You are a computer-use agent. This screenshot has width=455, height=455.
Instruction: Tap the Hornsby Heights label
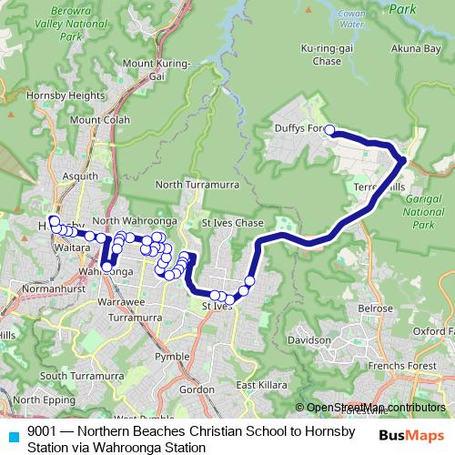(46, 95)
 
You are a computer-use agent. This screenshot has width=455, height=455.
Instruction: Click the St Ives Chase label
(232, 223)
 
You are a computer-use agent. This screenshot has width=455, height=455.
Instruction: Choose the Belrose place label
(375, 308)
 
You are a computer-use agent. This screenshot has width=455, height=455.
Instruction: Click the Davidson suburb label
(308, 339)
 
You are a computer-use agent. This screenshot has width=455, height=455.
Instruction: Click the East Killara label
(256, 386)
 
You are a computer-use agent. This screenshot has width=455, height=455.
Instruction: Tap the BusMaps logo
(409, 436)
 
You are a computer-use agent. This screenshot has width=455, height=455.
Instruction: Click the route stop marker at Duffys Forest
(330, 130)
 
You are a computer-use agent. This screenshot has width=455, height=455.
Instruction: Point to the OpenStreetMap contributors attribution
(373, 408)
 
